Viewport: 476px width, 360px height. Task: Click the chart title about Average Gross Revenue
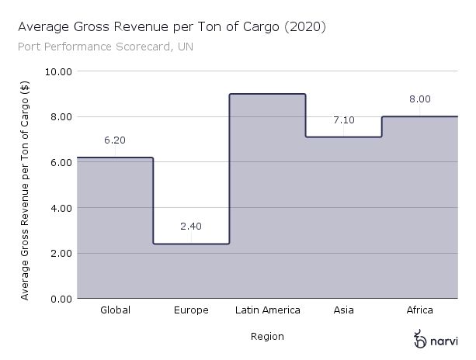(x=172, y=27)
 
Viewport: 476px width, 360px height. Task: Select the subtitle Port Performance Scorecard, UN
(x=105, y=47)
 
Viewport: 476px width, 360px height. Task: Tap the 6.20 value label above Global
(x=115, y=140)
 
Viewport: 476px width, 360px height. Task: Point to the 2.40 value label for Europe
(x=191, y=227)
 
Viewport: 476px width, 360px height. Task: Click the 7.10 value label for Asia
(x=343, y=120)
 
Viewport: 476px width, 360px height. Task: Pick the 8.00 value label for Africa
(x=420, y=99)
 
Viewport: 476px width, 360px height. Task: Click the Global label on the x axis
(x=115, y=310)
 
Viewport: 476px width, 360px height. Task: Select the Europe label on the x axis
(x=191, y=310)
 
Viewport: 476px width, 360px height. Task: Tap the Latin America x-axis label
(x=268, y=310)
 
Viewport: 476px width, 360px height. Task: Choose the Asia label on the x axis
(x=343, y=310)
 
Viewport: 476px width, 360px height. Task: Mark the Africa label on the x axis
(x=420, y=310)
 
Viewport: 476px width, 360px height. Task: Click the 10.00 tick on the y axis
(x=59, y=71)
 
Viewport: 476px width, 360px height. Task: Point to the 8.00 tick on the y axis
(x=61, y=117)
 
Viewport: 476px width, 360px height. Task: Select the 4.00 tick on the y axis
(x=61, y=208)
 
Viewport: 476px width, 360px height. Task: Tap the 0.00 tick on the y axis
(x=61, y=299)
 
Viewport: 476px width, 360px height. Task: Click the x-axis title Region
(x=267, y=337)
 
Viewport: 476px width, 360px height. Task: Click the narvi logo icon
(x=420, y=339)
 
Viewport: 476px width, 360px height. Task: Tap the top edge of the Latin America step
(x=268, y=94)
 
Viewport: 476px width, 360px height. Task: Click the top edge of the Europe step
(x=191, y=244)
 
